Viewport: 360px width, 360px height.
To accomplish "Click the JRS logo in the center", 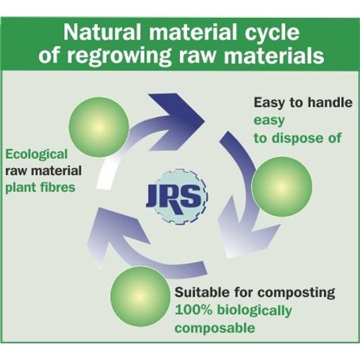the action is click(178, 197).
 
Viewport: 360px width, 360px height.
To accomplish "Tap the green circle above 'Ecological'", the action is click(99, 127).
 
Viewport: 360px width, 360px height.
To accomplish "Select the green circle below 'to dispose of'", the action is click(282, 186).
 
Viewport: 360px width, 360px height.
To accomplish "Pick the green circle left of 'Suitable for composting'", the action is click(140, 297).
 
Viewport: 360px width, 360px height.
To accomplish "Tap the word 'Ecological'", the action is click(36, 155).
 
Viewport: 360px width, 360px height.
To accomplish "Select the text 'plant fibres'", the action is click(40, 187).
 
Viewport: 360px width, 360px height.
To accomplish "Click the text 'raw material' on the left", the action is click(43, 171).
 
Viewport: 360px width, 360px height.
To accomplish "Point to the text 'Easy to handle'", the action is click(303, 102).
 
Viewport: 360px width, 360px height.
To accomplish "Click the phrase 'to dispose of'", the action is click(297, 138).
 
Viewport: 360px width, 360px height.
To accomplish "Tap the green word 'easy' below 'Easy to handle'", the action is click(269, 121).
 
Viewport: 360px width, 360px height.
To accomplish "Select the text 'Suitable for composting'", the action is click(255, 293).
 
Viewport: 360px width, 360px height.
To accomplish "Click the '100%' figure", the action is click(194, 310).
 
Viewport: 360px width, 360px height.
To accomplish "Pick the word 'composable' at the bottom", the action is click(215, 328).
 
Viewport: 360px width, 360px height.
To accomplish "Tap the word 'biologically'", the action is click(254, 311).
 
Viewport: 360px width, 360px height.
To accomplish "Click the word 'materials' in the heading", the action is click(274, 55).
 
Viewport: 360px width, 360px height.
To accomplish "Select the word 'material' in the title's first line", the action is click(193, 32).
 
